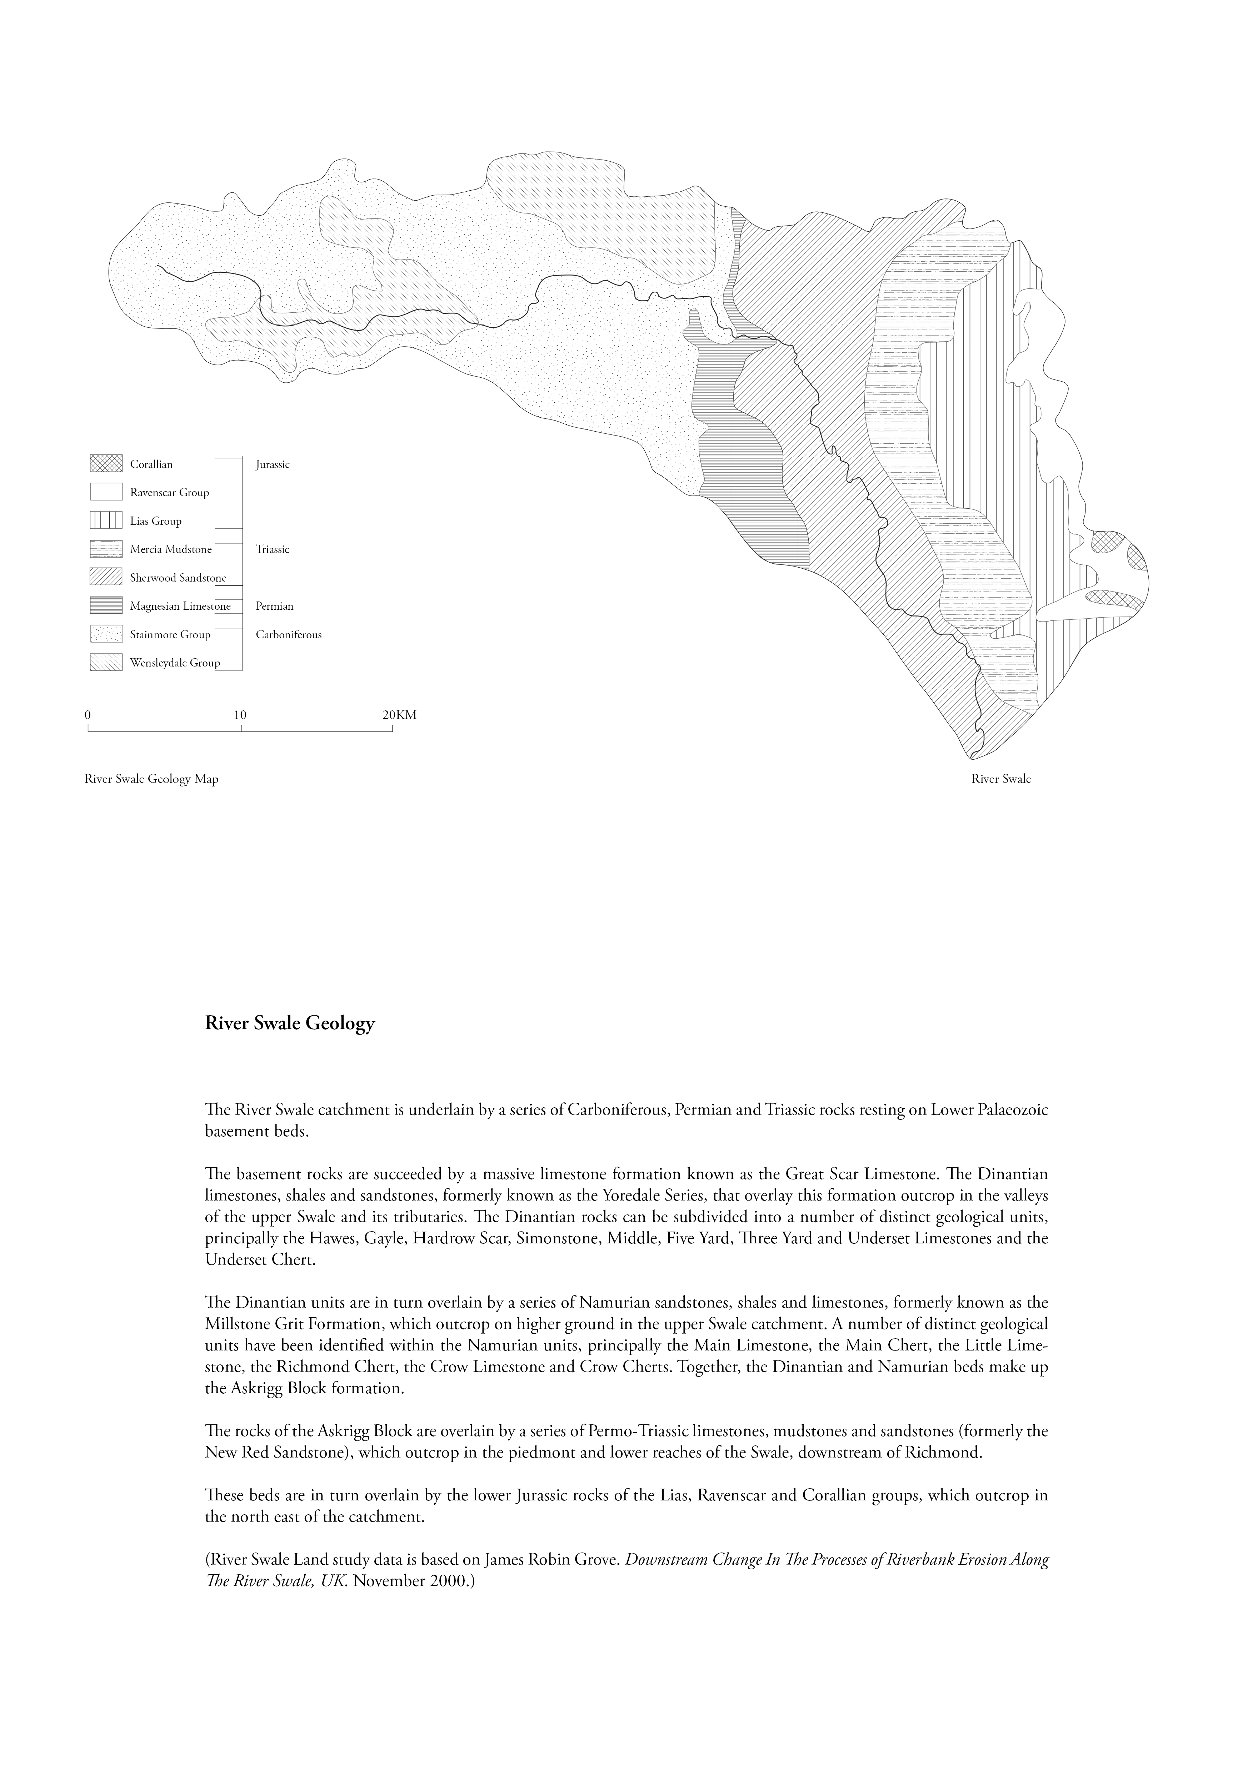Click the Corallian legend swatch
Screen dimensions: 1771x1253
tap(106, 464)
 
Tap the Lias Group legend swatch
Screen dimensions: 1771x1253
tap(106, 520)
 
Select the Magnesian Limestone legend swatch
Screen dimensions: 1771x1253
tap(106, 605)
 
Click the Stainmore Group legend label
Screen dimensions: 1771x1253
tap(170, 635)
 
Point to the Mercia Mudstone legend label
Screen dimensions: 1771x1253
tap(170, 549)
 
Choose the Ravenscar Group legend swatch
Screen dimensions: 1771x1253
tap(106, 492)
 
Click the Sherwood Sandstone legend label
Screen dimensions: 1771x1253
tap(178, 578)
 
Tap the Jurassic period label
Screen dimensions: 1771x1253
tap(273, 464)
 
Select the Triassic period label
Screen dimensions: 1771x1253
tap(273, 549)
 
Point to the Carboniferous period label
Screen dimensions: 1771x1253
tap(289, 635)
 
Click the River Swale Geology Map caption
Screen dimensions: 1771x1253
tap(151, 779)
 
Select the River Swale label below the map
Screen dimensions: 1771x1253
tap(1001, 779)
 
